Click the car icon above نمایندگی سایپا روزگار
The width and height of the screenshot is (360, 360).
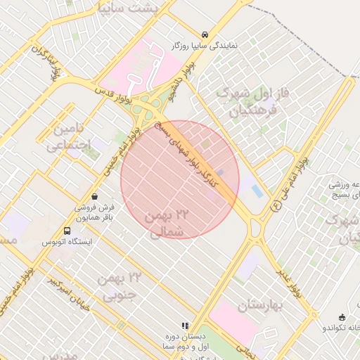pyautogui.click(x=204, y=34)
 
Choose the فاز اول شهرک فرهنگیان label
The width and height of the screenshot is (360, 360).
pyautogui.click(x=250, y=101)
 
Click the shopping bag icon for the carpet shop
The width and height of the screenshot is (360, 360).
pyautogui.click(x=95, y=196)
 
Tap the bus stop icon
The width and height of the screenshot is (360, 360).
pyautogui.click(x=67, y=230)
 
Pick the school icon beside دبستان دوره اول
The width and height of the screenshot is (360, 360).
pyautogui.click(x=185, y=326)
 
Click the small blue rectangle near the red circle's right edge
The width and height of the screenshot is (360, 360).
pyautogui.click(x=257, y=191)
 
